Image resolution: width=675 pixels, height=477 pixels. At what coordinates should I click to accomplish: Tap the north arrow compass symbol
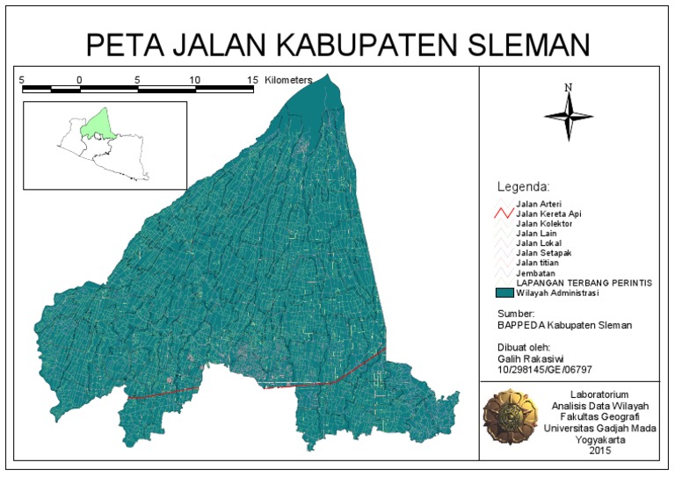569,112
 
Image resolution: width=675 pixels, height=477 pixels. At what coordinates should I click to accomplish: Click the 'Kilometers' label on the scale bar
287,80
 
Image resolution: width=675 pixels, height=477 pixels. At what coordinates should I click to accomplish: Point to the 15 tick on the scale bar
252,80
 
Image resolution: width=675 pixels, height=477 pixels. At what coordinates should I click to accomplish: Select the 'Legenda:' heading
523,187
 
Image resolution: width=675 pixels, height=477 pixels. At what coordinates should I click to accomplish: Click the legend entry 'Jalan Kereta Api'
548,213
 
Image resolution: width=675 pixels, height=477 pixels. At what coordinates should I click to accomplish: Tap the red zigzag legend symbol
503,213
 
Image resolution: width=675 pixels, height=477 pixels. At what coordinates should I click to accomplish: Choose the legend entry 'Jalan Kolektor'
544,224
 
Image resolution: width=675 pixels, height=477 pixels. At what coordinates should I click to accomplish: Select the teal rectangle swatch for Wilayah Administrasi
504,293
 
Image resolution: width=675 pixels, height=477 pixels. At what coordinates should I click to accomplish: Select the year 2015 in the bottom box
599,450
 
